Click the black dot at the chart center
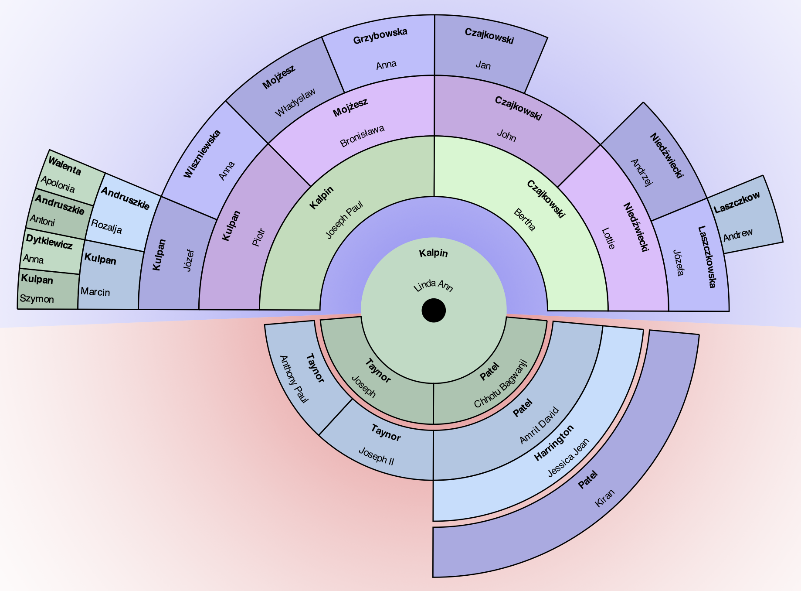[434, 311]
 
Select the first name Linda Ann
[433, 286]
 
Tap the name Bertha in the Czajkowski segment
[525, 220]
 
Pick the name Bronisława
[362, 136]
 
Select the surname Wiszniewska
[202, 154]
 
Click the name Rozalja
[106, 226]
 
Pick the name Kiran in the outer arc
[604, 498]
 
